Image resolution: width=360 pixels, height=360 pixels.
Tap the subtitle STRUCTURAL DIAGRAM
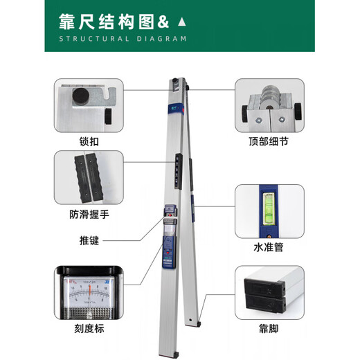tap(122, 39)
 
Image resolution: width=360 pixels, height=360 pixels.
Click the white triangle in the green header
tap(181, 21)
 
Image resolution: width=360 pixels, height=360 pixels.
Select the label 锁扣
tap(89, 139)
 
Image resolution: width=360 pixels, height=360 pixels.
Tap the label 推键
tap(89, 241)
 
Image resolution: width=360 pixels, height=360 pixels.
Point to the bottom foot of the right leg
tap(199, 322)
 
